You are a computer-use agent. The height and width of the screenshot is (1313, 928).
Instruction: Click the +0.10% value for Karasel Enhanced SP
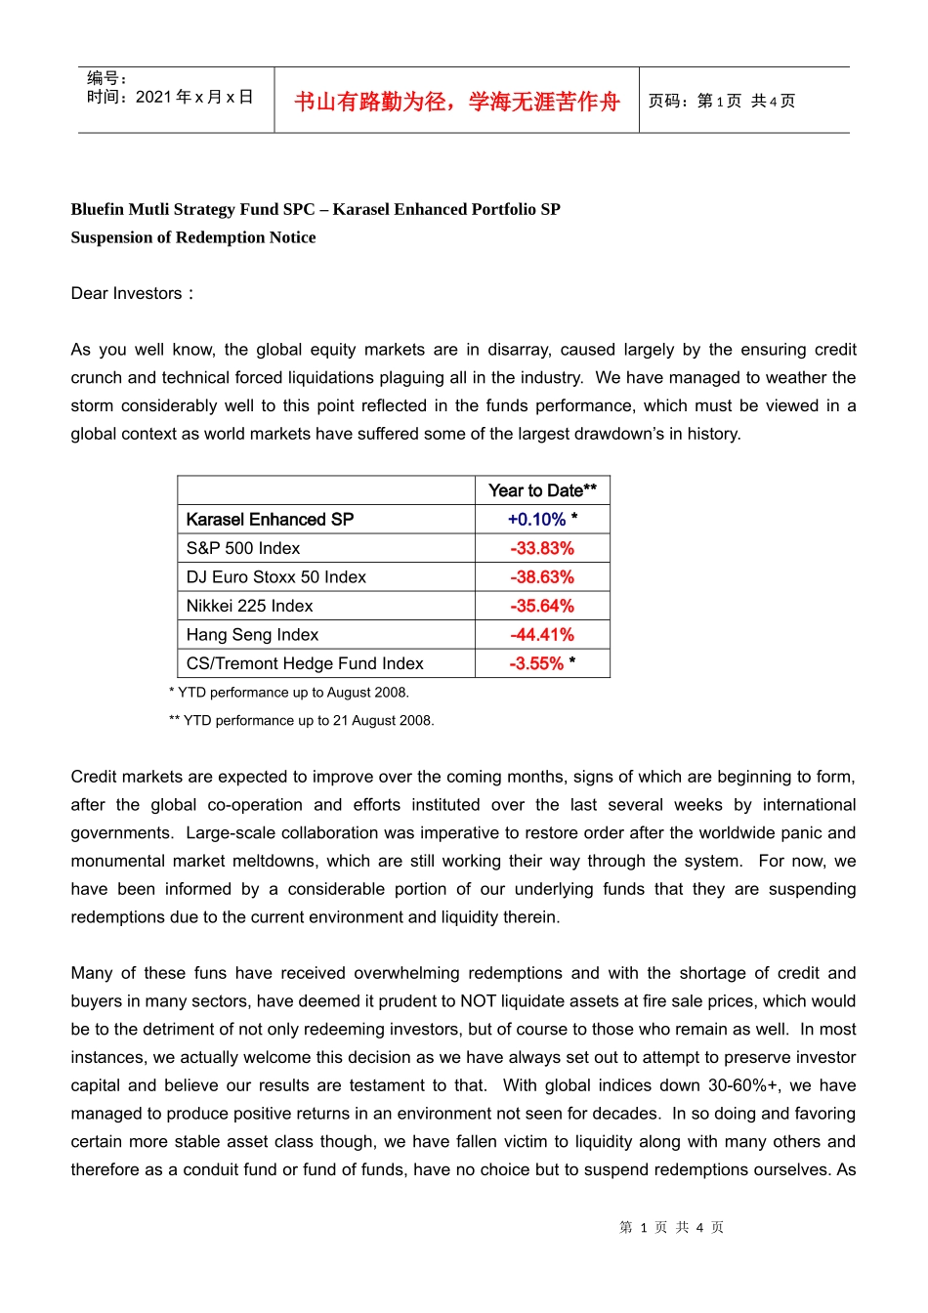537,520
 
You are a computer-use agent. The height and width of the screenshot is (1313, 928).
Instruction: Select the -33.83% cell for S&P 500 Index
542,548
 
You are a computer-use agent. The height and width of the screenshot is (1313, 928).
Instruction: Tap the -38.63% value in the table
542,577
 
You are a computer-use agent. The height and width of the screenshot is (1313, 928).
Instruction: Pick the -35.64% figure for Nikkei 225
542,606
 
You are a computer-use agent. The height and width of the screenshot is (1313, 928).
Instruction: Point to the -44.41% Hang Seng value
542,635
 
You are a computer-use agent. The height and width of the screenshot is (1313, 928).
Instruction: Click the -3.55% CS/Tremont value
537,663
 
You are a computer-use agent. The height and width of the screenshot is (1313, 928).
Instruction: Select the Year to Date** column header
542,490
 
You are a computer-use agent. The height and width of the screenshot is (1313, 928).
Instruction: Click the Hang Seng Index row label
252,635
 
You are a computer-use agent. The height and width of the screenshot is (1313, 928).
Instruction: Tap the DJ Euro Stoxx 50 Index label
275,577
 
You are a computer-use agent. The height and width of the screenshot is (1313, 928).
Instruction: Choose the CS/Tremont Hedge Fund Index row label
305,663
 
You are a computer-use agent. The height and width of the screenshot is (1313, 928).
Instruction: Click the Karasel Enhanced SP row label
270,520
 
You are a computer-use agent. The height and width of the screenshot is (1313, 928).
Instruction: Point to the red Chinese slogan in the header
457,102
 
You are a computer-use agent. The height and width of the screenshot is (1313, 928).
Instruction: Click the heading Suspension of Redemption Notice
193,237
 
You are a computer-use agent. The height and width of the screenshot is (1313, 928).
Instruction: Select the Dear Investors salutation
132,293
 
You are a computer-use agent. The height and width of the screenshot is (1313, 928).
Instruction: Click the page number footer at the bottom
671,1227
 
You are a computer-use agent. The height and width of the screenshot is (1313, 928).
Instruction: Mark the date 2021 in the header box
153,97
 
